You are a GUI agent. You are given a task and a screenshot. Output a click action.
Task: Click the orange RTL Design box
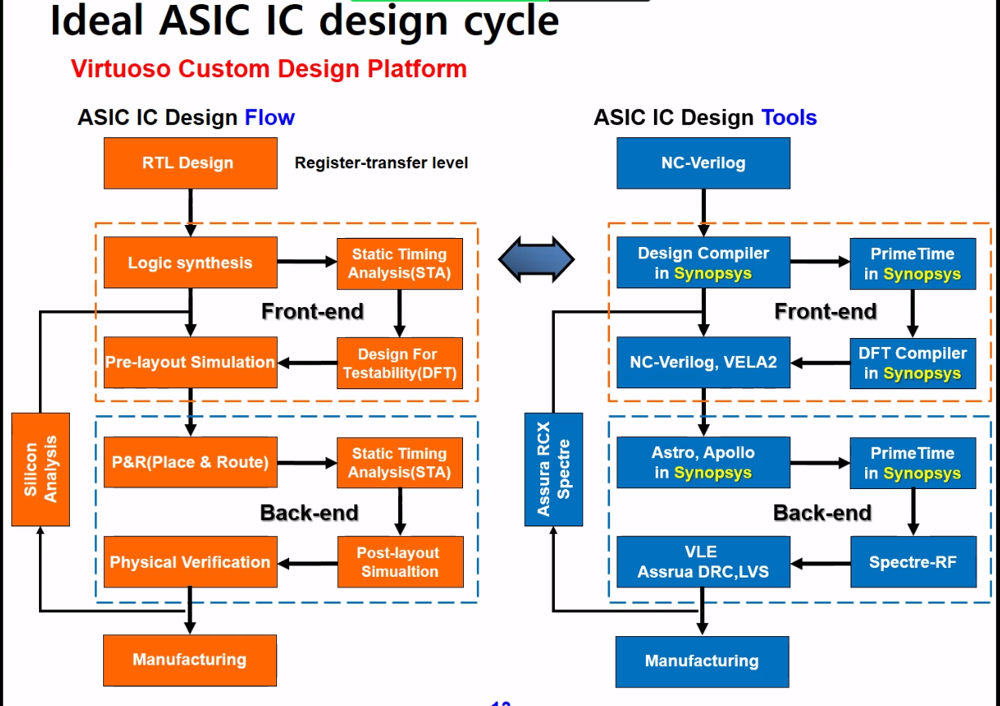coord(190,162)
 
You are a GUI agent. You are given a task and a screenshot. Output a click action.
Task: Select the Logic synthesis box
coord(190,262)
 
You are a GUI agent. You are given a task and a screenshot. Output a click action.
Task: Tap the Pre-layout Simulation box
coord(190,362)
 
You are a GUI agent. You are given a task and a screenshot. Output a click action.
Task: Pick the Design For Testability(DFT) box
coord(400,363)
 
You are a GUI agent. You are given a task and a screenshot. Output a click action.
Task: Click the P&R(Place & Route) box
coord(190,462)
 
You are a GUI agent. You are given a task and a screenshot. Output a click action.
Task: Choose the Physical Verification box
coord(190,561)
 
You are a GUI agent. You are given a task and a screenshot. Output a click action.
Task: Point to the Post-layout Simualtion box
coord(400,561)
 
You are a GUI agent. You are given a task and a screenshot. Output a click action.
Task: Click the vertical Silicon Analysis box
coord(41,469)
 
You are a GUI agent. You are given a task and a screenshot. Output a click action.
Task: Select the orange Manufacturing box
coord(190,660)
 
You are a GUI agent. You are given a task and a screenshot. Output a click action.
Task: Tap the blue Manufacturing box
coord(702,661)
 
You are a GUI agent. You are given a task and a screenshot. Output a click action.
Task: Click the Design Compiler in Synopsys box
coord(703,262)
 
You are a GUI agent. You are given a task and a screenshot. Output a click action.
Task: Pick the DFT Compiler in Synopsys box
coord(913,363)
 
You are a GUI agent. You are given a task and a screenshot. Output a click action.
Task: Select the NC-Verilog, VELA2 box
coord(703,362)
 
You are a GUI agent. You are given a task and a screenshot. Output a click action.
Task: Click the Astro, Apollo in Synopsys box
coord(703,462)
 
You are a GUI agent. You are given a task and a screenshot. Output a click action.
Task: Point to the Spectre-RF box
coord(913,561)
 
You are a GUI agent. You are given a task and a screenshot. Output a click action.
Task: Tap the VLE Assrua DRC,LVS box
coord(703,561)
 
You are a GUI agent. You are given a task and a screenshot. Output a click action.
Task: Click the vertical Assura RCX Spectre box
coord(554,469)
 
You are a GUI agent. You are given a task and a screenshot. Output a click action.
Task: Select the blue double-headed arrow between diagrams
coord(536,260)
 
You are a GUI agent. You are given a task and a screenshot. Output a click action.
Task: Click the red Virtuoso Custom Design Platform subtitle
coord(269,69)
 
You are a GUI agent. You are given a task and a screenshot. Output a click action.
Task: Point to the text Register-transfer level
coord(381,162)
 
